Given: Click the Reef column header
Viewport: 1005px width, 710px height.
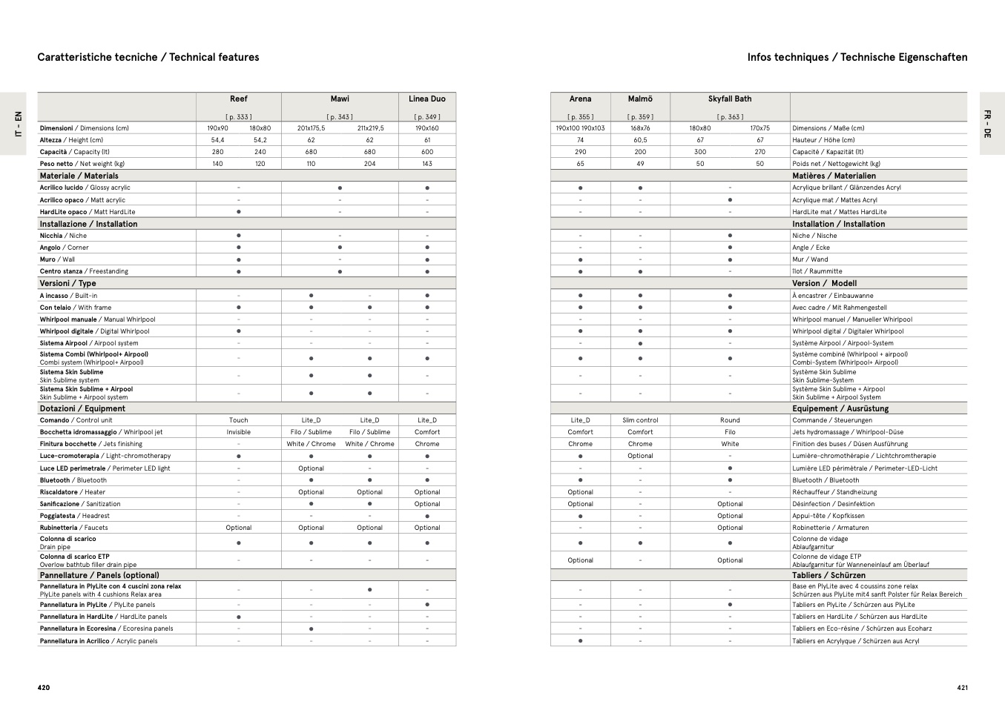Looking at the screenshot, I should click(238, 99).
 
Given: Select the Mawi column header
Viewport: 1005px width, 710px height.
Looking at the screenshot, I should click(340, 99).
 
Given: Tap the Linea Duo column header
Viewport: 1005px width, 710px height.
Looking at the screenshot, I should click(427, 99).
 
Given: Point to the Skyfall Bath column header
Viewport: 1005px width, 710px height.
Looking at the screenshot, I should click(730, 99).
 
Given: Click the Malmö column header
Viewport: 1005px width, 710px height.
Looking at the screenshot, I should click(640, 99).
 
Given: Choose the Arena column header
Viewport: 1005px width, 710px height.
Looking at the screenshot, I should click(580, 99).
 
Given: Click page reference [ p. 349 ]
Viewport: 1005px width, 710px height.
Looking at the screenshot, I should click(427, 117).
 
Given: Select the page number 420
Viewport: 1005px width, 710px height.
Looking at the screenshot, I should click(44, 688).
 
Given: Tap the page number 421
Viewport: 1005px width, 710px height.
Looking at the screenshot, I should click(962, 688).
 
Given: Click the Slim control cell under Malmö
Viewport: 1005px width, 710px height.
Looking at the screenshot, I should click(640, 420).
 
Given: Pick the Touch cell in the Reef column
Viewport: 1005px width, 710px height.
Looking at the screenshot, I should click(238, 420).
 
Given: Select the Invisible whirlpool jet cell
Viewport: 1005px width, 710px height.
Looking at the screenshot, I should click(238, 432).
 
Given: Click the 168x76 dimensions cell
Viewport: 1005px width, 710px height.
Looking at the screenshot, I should click(640, 128).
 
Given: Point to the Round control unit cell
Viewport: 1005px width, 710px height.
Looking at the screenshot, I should click(730, 420).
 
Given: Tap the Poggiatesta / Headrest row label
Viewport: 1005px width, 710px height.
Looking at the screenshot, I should click(74, 516).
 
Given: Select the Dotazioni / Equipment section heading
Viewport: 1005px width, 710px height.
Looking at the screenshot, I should click(82, 408).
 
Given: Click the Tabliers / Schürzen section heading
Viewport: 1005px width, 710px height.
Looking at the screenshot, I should click(828, 575).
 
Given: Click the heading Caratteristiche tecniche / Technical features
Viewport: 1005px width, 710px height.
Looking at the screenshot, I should click(148, 57).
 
